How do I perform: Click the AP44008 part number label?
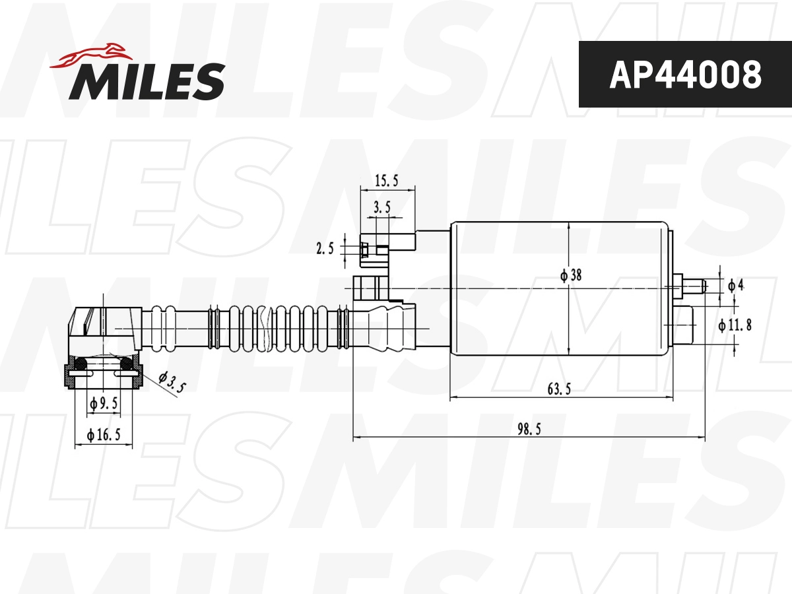pos(684,75)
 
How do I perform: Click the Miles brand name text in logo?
pos(147,81)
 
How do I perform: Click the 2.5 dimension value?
pos(325,248)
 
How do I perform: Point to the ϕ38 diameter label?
pos(571,276)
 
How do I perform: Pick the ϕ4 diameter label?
pos(735,285)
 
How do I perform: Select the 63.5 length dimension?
pos(559,389)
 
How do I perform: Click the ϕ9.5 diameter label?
pos(103,402)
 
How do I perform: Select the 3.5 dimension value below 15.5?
pos(381,207)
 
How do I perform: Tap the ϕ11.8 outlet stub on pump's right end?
pos(686,325)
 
